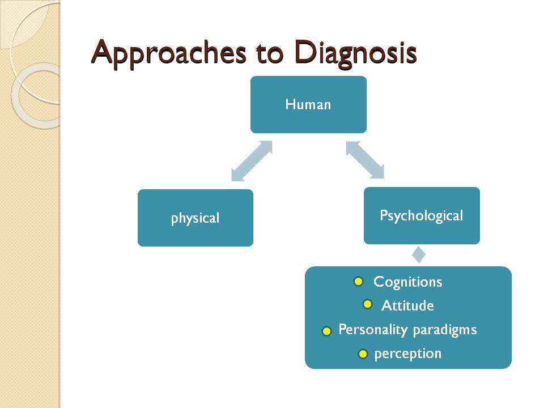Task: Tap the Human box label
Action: tap(308, 104)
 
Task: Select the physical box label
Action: tap(195, 218)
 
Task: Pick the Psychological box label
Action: tap(421, 216)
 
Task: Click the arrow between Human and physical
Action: tap(252, 161)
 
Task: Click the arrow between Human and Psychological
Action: tap(365, 160)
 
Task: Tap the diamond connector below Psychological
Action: tap(418, 254)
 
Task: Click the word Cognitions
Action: tap(407, 282)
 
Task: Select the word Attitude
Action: tap(407, 306)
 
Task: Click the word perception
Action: tap(407, 354)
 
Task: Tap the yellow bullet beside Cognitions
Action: tap(358, 281)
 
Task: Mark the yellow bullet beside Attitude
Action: tap(367, 304)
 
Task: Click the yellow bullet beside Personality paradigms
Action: tap(326, 331)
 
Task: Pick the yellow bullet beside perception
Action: tap(363, 354)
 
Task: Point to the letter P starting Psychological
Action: tap(384, 215)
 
